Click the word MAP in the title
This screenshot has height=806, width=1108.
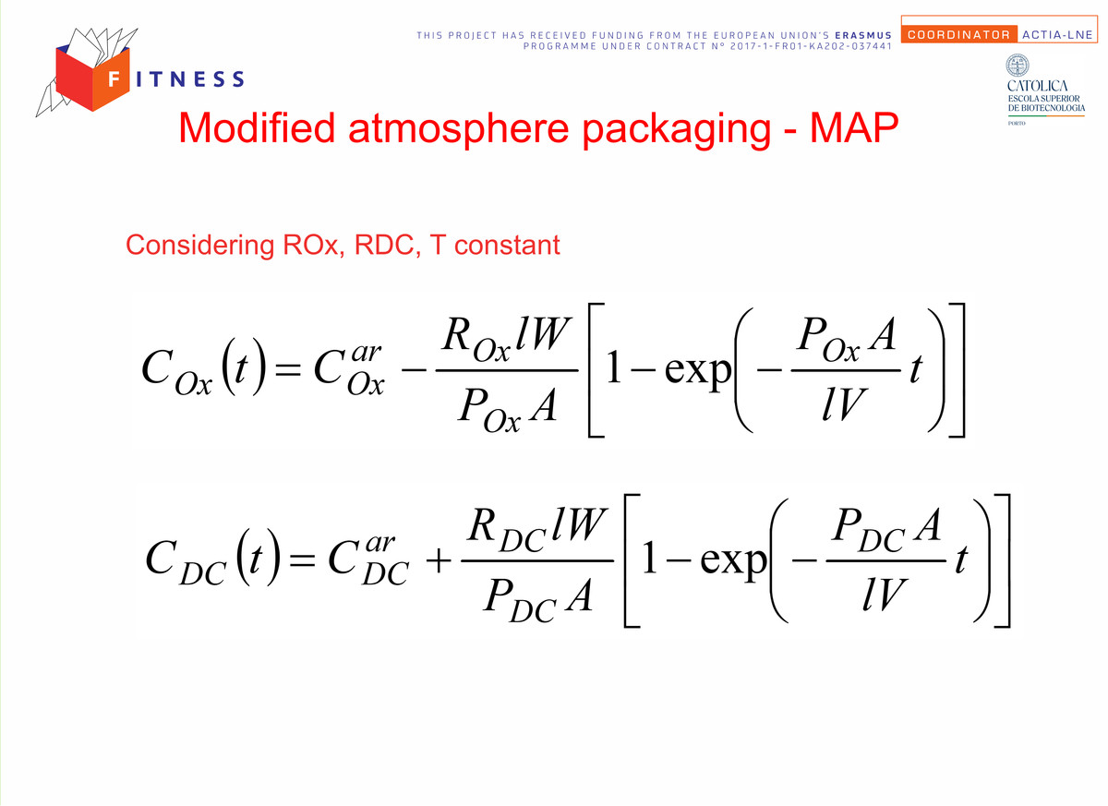pyautogui.click(x=854, y=128)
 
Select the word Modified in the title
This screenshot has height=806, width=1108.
pyautogui.click(x=258, y=127)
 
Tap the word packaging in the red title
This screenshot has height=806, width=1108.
pyautogui.click(x=676, y=130)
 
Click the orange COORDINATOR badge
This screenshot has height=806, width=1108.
pyautogui.click(x=958, y=34)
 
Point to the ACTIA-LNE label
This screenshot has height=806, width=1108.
pyautogui.click(x=1057, y=34)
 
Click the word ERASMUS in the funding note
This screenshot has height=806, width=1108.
pyautogui.click(x=863, y=36)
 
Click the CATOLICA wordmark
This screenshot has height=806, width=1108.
pyautogui.click(x=1037, y=86)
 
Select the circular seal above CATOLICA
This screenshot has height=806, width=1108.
pyautogui.click(x=1018, y=66)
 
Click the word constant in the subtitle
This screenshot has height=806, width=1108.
pyautogui.click(x=507, y=245)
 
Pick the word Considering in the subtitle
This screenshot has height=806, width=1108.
pyautogui.click(x=199, y=246)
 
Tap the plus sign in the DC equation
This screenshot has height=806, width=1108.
pyautogui.click(x=439, y=561)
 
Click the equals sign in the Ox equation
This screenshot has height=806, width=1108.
pyautogui.click(x=288, y=370)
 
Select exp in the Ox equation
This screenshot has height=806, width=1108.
pyautogui.click(x=697, y=371)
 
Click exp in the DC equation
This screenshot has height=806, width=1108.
pyautogui.click(x=733, y=561)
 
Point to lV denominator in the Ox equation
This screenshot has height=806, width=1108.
pyautogui.click(x=843, y=403)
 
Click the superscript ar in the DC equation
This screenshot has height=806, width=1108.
pyautogui.click(x=379, y=543)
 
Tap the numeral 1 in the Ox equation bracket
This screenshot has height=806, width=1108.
pyautogui.click(x=613, y=367)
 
